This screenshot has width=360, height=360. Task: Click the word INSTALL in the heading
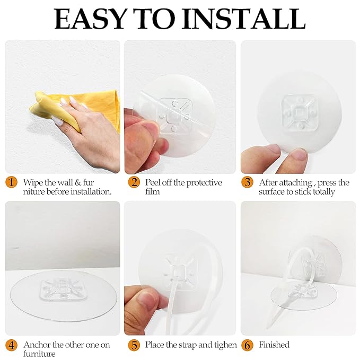pos(243,19)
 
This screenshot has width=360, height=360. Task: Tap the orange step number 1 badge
pos(11,182)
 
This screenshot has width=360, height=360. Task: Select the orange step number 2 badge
pos(134,182)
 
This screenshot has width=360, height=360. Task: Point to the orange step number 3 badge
pos(247,182)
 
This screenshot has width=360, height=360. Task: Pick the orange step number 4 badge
pos(11,345)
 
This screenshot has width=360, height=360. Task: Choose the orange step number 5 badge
pos(134,345)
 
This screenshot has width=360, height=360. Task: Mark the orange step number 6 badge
pos(247,345)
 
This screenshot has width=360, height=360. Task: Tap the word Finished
pos(274,345)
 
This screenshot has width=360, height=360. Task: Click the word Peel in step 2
pos(153,182)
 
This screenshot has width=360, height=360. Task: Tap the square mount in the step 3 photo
pos(298,113)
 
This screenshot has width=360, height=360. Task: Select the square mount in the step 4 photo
pos(64,289)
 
